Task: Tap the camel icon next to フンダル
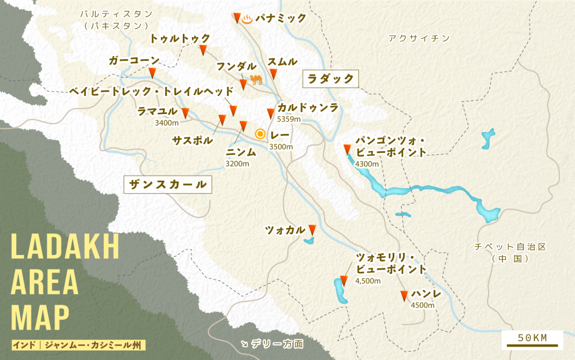pyautogui.click(x=256, y=80)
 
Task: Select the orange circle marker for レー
pyautogui.click(x=260, y=133)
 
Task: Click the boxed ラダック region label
pyautogui.click(x=331, y=79)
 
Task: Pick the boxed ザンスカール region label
pyautogui.click(x=168, y=184)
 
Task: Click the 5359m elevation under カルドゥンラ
pyautogui.click(x=289, y=119)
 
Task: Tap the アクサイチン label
pyautogui.click(x=419, y=39)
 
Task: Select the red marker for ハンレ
pyautogui.click(x=404, y=295)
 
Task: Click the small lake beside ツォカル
pyautogui.click(x=309, y=241)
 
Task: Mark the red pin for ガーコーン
pyautogui.click(x=152, y=73)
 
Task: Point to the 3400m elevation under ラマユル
pyautogui.click(x=166, y=123)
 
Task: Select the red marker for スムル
pyautogui.click(x=273, y=74)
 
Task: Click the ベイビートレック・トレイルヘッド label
pyautogui.click(x=151, y=92)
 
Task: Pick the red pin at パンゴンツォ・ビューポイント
pyautogui.click(x=347, y=149)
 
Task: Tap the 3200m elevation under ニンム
pyautogui.click(x=237, y=164)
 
